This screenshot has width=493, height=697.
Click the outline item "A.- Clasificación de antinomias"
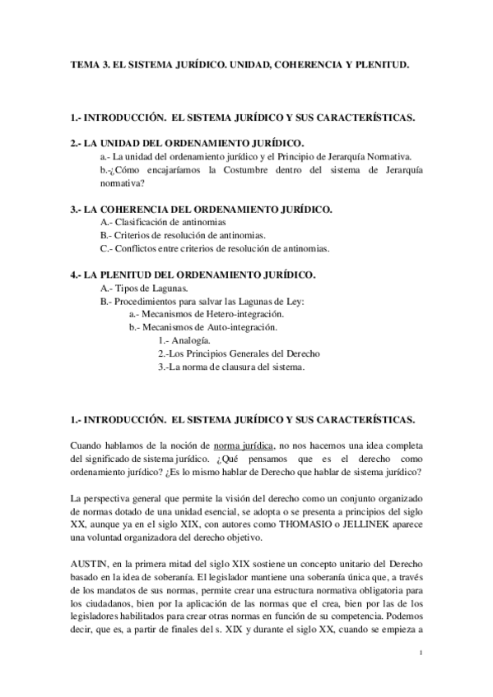pos(162,223)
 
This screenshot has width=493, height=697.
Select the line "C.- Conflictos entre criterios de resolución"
pos(214,248)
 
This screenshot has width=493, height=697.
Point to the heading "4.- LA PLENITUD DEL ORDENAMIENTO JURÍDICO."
pos(194,275)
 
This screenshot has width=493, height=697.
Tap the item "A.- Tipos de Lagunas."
pos(142,288)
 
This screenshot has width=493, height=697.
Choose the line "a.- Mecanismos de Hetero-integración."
pos(207,314)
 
